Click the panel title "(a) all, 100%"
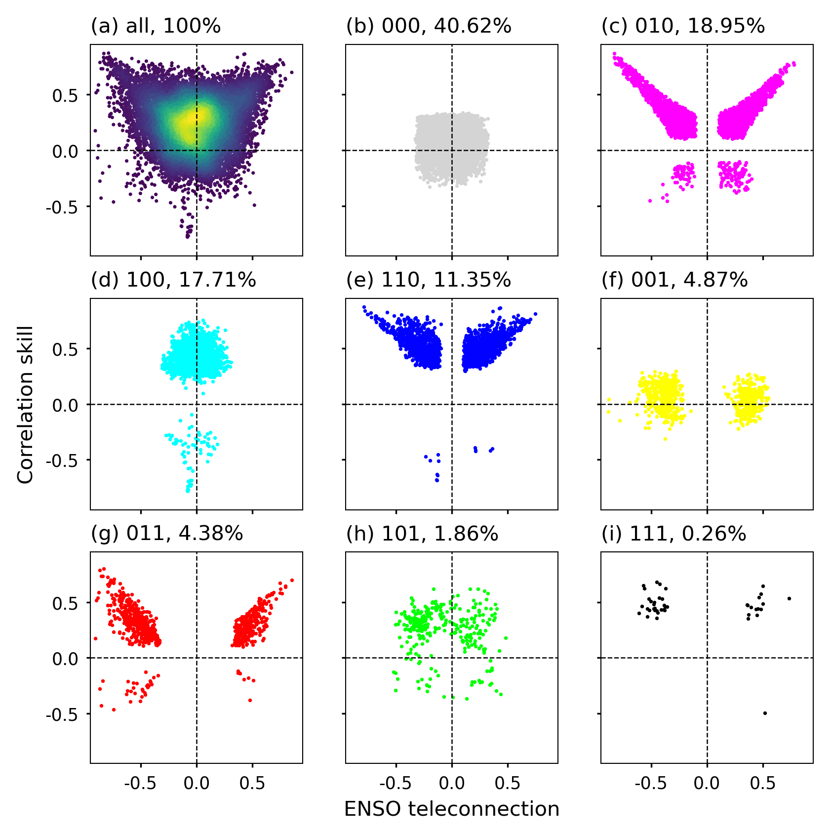pos(156,26)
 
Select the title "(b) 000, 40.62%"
pos(429,26)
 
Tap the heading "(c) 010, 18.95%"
pos(683,26)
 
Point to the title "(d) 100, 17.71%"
pos(173,280)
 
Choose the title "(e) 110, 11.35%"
pos(429,280)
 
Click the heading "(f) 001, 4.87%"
pos(674,280)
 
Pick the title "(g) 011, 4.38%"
pos(167,534)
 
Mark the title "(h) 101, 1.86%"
pos(422,534)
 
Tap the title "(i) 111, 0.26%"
pos(674,534)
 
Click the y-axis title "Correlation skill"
pos(25,404)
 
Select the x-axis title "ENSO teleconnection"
pos(451,809)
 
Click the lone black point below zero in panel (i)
pos(765,713)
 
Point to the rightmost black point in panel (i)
pos(789,598)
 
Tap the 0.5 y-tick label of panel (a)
pos(65,95)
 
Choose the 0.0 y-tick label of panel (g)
pos(65,659)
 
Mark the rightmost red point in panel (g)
pos(292,580)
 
